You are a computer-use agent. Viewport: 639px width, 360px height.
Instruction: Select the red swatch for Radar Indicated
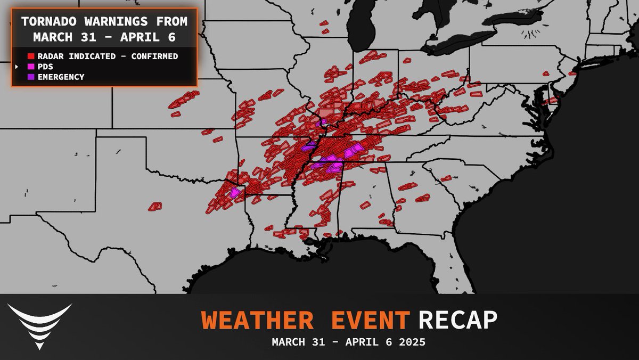tap(30, 56)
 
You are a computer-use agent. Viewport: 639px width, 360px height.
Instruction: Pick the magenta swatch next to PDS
tap(30, 67)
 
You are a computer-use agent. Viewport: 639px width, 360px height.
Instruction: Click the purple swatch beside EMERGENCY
tap(30, 77)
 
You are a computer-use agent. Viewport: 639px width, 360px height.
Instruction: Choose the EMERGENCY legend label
tap(61, 77)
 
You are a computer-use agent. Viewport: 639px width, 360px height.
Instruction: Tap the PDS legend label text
tap(45, 67)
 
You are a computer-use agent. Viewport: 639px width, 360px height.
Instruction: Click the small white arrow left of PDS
tap(17, 67)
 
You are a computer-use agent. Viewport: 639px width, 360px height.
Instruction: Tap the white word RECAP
tap(458, 320)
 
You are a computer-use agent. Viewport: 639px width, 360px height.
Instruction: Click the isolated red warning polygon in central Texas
tap(155, 205)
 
